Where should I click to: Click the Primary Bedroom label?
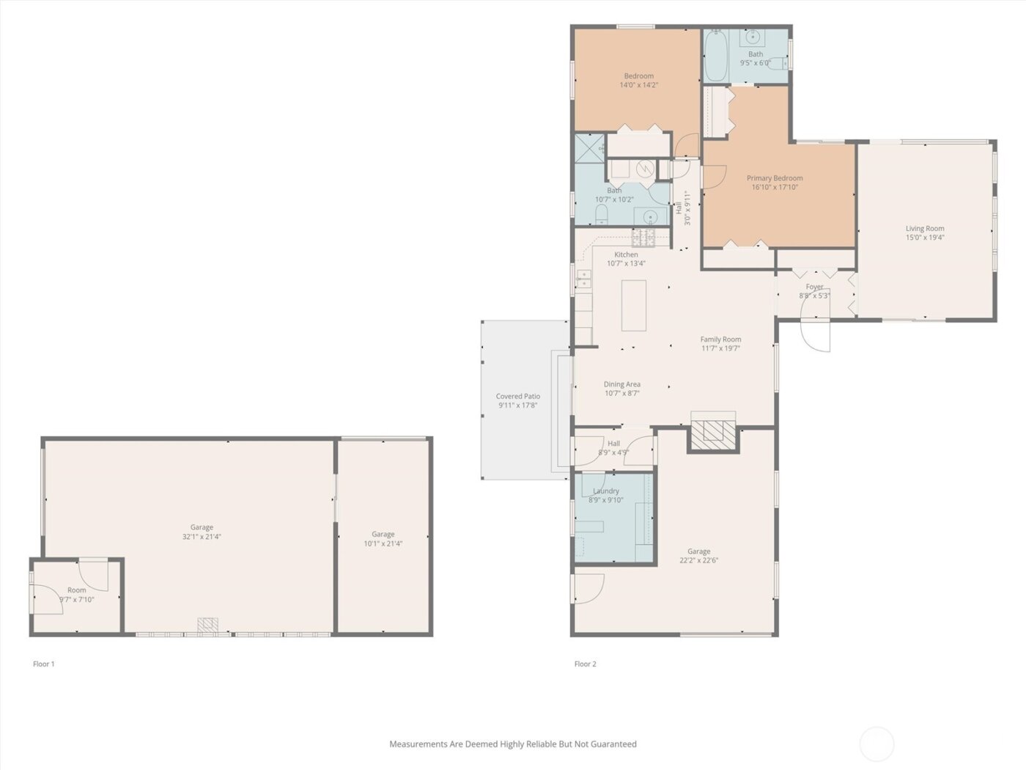pos(775,178)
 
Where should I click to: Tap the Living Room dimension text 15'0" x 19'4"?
pos(924,238)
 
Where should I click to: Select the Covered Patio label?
pos(518,397)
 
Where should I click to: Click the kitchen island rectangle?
pos(634,305)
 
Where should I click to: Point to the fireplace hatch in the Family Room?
pos(713,434)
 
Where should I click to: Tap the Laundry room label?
pos(606,491)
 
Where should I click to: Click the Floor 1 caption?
pos(44,664)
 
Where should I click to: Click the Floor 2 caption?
pos(585,664)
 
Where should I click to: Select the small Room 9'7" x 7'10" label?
pos(77,590)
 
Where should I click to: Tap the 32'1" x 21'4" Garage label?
pos(202,527)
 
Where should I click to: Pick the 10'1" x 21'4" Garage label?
pos(383,535)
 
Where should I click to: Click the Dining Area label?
pos(622,384)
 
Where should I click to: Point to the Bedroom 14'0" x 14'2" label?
pos(638,76)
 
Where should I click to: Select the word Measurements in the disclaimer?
pos(418,744)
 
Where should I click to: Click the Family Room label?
pos(720,340)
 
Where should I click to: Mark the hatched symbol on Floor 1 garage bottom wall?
pos(208,626)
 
